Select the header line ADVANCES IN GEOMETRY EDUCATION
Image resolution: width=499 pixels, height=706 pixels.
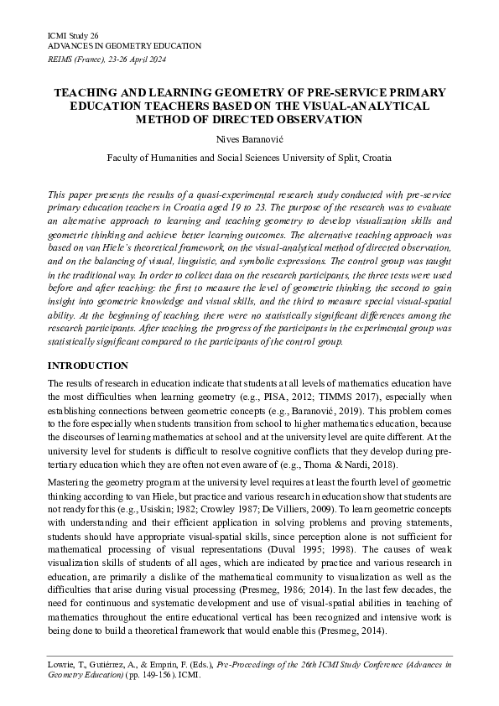[x=124, y=45]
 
